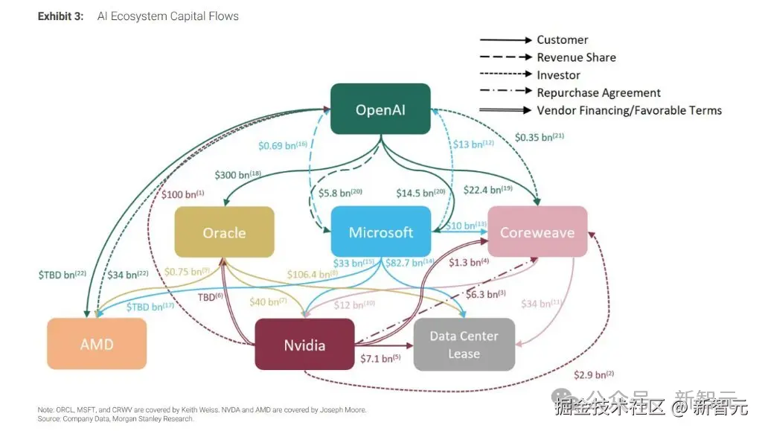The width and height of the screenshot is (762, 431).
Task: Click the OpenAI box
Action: click(381, 109)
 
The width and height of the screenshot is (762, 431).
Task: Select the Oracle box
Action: click(224, 232)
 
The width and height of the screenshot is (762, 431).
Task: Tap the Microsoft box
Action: click(381, 232)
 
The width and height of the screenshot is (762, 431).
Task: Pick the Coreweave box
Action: click(537, 232)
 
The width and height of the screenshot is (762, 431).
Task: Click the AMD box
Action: click(97, 344)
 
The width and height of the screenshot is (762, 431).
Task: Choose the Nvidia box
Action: click(304, 345)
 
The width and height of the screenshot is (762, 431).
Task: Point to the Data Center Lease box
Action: click(464, 345)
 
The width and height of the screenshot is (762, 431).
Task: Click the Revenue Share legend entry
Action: click(576, 57)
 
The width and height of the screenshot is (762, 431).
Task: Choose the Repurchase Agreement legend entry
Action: click(598, 93)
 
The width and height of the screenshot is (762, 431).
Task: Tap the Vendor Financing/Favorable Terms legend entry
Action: click(629, 110)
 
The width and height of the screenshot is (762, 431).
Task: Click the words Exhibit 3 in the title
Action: click(60, 16)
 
